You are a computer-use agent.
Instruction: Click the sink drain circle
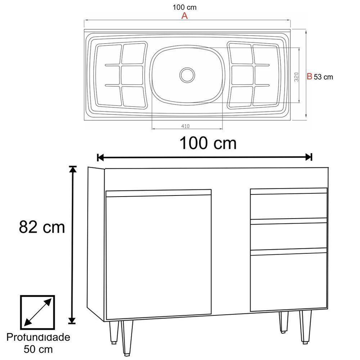tap(187, 75)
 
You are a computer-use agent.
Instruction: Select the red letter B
tap(309, 76)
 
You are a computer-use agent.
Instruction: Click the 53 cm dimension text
tap(323, 77)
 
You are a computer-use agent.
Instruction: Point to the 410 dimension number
tap(185, 126)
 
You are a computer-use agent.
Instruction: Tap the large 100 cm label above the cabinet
tap(208, 143)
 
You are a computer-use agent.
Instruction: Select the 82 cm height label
tap(42, 227)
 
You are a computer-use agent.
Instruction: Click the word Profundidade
tap(38, 338)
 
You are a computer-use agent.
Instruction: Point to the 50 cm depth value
tap(38, 349)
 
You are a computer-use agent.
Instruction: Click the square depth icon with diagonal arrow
tap(37, 312)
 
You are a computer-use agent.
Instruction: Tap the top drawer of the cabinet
tap(288, 206)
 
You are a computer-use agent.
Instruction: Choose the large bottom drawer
tap(288, 282)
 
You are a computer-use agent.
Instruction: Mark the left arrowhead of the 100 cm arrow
tap(100, 157)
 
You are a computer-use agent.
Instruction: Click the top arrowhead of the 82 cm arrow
tap(73, 169)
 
